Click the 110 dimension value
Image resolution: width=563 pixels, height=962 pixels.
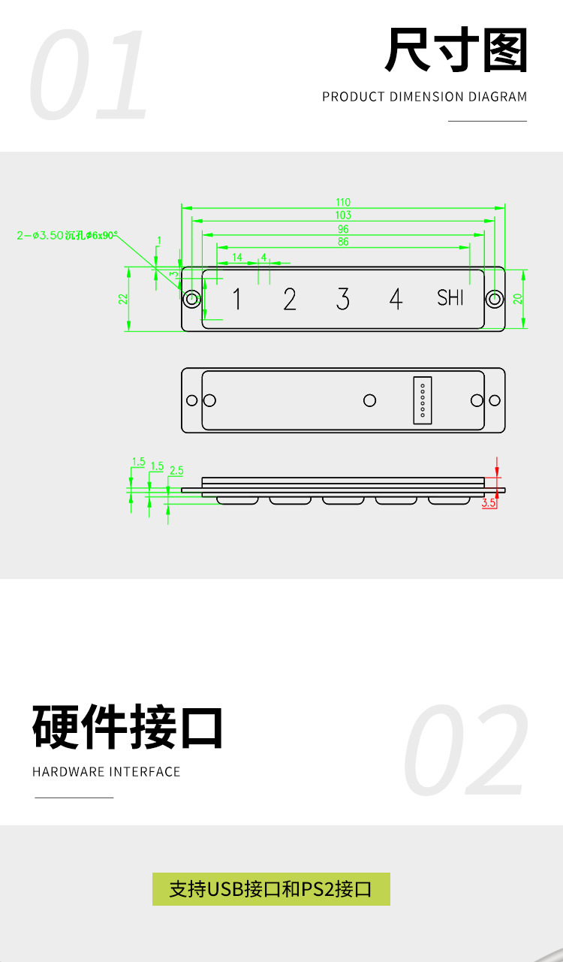coord(343,202)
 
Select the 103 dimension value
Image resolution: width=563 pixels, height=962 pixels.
coord(343,216)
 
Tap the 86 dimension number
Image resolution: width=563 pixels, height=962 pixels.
coord(343,242)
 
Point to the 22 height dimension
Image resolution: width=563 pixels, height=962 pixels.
coord(122,298)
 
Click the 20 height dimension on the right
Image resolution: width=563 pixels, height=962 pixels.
coord(517,298)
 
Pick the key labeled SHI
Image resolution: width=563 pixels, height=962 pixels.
coord(450,298)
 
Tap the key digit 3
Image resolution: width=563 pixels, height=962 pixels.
coord(343,299)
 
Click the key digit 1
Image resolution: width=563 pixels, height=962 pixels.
coord(237,299)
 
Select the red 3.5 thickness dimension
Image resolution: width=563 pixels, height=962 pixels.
coord(489,503)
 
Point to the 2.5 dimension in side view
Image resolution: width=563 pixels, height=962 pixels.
coord(176,471)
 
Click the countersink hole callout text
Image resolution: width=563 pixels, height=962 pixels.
coord(68,235)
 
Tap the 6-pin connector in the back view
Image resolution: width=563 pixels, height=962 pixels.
coord(423,400)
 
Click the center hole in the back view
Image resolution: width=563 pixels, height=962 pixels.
coord(369,400)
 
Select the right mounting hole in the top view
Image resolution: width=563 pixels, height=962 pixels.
coord(494,299)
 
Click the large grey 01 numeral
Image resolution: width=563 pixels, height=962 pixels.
coord(90,75)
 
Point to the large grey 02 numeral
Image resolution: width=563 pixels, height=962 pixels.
coord(465,751)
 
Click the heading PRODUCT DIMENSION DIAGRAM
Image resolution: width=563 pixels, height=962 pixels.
coord(425,97)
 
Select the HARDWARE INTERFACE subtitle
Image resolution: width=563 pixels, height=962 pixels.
coord(107,772)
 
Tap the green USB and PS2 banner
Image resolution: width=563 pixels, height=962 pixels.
coord(271,889)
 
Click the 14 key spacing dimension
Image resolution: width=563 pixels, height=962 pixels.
coord(237,258)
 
